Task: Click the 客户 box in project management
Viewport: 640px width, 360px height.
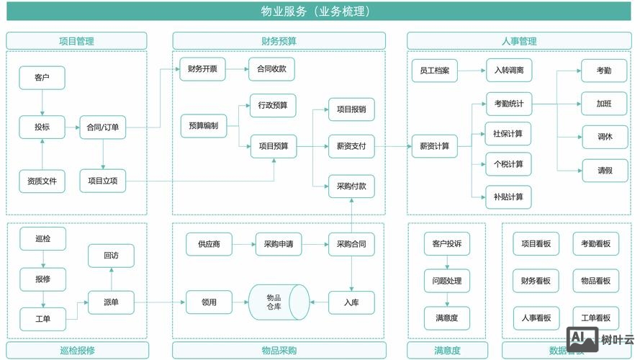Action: click(42, 78)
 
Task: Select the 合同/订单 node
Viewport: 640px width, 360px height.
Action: click(103, 127)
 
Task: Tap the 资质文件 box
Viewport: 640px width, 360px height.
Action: click(42, 181)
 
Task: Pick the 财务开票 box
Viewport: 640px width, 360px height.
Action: click(202, 69)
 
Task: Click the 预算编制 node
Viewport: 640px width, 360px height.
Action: click(203, 125)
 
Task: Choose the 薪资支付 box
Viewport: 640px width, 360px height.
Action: click(351, 146)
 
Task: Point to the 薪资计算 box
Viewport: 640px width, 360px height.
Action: click(434, 146)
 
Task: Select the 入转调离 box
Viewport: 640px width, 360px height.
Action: click(508, 71)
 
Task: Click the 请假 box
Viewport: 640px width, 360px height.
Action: click(604, 171)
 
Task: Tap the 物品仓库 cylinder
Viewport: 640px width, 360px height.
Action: click(278, 302)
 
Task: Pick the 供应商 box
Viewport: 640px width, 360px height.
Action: click(209, 244)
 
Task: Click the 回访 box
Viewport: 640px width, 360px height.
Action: click(111, 256)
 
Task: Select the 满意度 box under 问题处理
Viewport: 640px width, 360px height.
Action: click(446, 318)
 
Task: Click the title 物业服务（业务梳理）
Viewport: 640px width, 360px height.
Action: click(320, 12)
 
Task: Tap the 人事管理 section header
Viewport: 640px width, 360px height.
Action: click(518, 41)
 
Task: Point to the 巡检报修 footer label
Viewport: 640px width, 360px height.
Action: click(77, 351)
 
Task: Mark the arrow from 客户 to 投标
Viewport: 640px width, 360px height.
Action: click(42, 102)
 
